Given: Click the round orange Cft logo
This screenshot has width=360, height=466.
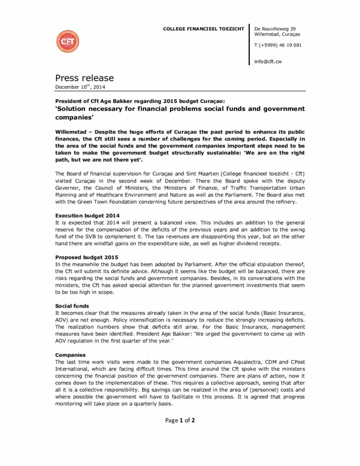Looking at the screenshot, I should [67, 41].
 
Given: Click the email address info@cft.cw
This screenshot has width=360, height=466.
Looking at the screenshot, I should [268, 61].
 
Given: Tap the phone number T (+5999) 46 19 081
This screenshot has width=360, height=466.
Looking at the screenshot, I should [278, 45].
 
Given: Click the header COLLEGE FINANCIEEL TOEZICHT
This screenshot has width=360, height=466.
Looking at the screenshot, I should [204, 29].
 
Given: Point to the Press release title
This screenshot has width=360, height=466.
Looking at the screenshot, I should [85, 78].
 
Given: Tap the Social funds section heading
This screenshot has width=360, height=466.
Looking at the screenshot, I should [72, 306].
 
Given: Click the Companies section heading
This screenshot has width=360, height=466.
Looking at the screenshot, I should [71, 355].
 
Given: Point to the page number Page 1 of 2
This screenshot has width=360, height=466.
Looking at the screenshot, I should [180, 420].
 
